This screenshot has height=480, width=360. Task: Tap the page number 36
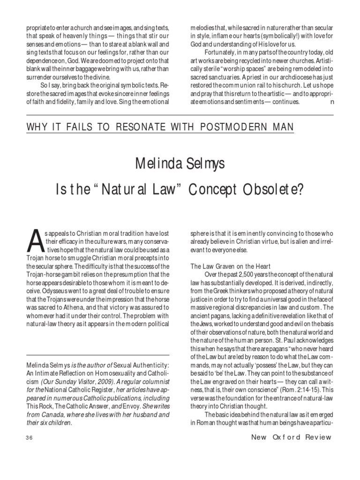[29, 438]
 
